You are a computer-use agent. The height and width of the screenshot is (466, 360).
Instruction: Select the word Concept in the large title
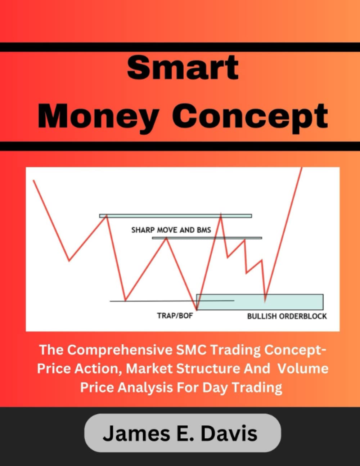(x=250, y=116)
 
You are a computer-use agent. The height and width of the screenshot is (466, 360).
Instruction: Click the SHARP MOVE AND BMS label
(x=171, y=230)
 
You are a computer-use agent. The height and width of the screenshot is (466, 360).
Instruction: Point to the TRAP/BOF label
(x=175, y=316)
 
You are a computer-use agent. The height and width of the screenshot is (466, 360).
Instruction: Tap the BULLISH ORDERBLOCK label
(x=287, y=316)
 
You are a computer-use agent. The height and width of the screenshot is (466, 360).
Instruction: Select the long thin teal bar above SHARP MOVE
(x=175, y=216)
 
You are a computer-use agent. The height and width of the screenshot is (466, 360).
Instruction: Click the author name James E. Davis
(x=180, y=433)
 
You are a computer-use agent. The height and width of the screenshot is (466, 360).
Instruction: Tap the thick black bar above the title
(x=180, y=47)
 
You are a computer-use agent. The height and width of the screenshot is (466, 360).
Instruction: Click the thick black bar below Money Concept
(x=180, y=146)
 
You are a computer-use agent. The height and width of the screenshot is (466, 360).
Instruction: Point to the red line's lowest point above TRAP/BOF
(x=197, y=309)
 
